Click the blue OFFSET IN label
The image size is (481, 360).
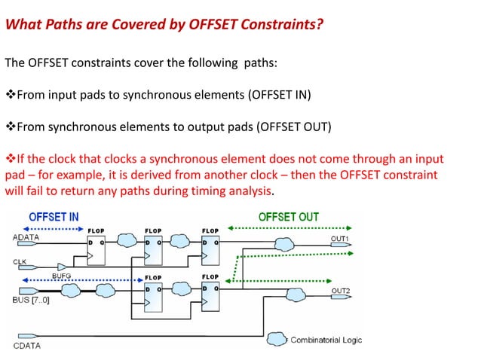54,217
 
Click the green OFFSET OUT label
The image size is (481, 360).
288,217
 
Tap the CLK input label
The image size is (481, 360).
21,262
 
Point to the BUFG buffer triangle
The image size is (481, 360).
64,267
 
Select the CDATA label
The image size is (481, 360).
29,346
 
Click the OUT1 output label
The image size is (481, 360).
340,238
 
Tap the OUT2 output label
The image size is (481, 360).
340,290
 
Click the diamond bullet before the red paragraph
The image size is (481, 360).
11,160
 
